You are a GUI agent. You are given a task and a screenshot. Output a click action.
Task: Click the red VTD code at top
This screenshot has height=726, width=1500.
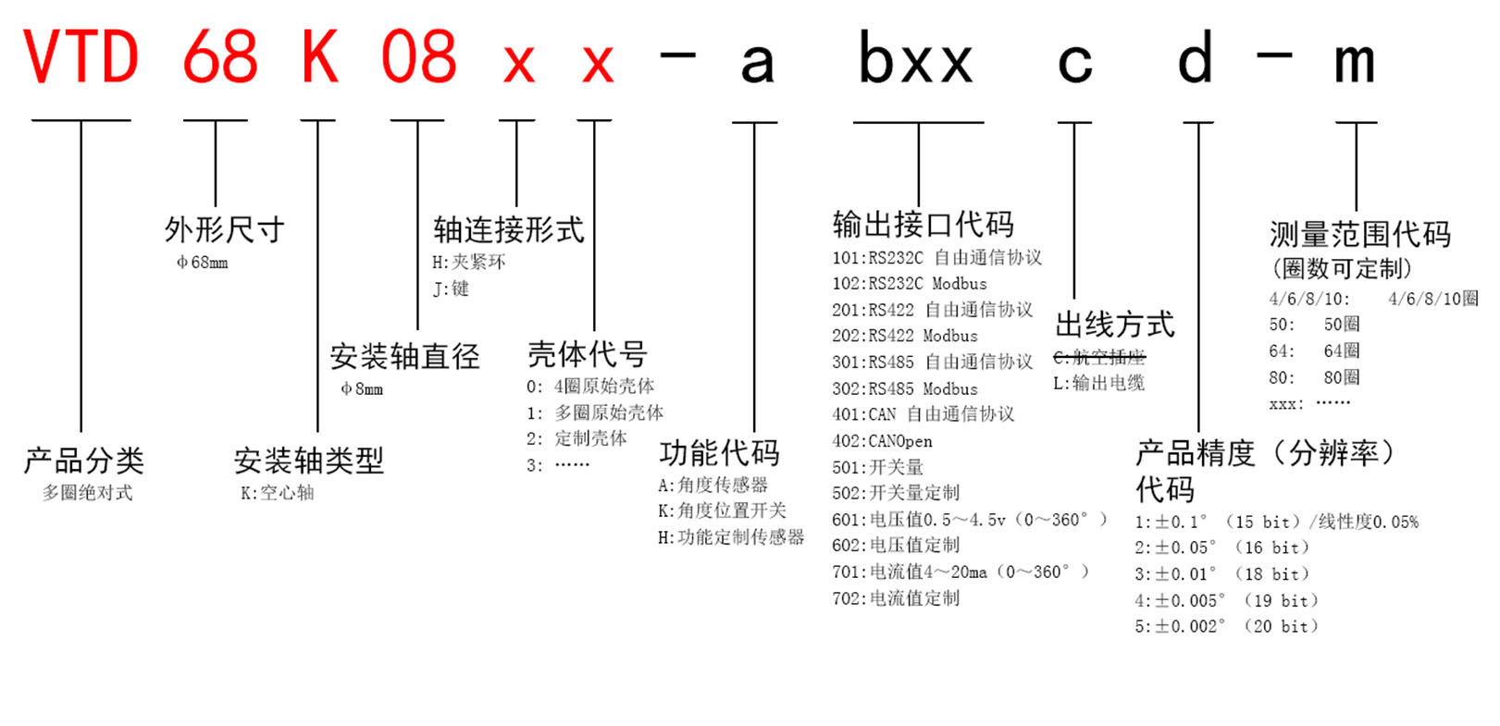tap(81, 56)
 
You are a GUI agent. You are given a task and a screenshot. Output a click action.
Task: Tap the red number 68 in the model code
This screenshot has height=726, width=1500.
tap(219, 56)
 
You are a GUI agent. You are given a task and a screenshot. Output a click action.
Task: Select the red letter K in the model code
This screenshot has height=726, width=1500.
tap(319, 56)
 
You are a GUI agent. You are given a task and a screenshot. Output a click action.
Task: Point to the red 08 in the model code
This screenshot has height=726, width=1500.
tap(418, 56)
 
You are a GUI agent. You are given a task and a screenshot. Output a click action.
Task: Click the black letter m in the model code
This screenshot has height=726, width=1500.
tap(1355, 63)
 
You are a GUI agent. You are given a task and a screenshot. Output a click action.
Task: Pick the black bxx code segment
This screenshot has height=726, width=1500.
tap(915, 56)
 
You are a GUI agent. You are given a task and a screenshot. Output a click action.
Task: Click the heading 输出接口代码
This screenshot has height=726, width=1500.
tap(924, 224)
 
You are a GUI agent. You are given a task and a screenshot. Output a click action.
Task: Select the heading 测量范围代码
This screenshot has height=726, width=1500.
tap(1360, 234)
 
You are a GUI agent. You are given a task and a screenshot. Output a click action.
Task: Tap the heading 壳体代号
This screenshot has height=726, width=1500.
tap(588, 354)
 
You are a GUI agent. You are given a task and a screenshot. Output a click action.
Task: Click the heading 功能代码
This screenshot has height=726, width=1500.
tap(719, 453)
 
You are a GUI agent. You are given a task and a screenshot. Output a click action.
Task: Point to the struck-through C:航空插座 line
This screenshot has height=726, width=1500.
tap(1099, 357)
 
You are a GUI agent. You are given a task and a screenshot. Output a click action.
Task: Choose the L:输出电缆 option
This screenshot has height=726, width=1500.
tap(1099, 384)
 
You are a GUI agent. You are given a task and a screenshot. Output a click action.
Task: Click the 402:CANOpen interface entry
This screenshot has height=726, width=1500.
tap(882, 441)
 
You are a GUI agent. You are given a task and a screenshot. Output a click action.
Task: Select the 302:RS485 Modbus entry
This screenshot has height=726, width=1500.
tap(905, 388)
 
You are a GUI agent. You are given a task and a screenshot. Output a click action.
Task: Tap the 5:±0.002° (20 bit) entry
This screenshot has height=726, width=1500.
tap(1227, 626)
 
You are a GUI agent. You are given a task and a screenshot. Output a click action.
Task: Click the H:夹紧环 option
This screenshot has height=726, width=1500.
tap(469, 262)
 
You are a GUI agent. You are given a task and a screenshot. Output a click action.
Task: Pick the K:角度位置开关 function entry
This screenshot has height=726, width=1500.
tap(722, 511)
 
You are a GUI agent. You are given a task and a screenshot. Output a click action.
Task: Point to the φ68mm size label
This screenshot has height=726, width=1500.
tap(203, 263)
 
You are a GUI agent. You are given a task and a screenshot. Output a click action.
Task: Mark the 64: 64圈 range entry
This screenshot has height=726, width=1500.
tap(1314, 351)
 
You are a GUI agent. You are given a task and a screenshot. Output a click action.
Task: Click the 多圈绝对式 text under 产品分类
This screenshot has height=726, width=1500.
tap(88, 492)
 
